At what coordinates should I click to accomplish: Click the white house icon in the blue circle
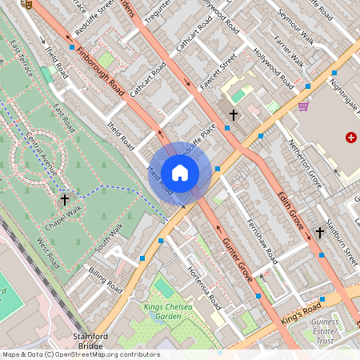point(180,172)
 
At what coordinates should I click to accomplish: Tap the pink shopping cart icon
point(303,105)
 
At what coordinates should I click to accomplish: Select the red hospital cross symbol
point(350,138)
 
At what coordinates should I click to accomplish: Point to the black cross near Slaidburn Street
point(319,232)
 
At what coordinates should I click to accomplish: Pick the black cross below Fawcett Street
point(234,115)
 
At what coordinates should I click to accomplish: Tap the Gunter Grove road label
point(238,259)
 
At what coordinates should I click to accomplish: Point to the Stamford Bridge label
point(90,341)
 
